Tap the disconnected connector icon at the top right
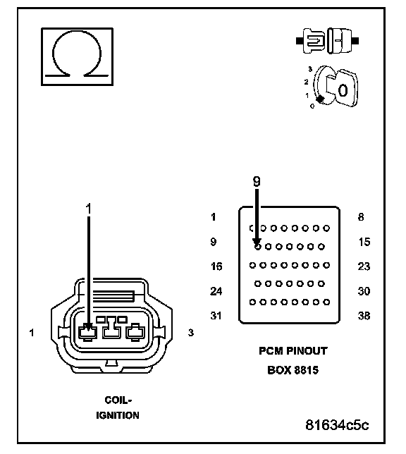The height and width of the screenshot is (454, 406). [327, 41]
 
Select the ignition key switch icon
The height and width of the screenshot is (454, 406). [333, 87]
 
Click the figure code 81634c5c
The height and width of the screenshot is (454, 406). [337, 425]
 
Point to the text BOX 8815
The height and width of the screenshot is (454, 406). [293, 370]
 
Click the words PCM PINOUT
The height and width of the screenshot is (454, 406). [293, 351]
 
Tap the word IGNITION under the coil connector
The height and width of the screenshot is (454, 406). [118, 415]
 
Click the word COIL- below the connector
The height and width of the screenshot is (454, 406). [118, 400]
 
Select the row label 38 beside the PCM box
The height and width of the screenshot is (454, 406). [364, 316]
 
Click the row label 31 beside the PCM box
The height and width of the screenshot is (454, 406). [216, 316]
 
